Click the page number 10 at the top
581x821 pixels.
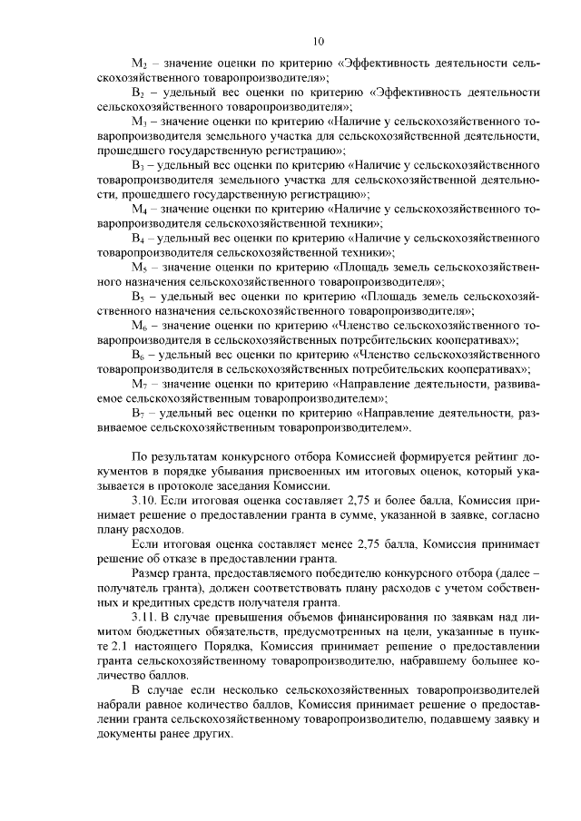point(318,41)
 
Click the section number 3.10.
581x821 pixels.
point(147,501)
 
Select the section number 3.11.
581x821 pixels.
point(147,617)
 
